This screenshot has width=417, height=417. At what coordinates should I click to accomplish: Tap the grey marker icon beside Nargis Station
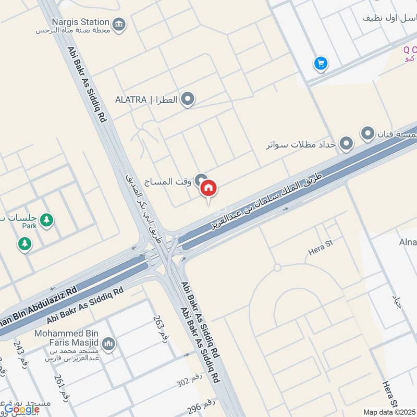pyautogui.click(x=120, y=24)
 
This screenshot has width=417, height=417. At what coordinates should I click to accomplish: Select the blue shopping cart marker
pyautogui.click(x=321, y=64)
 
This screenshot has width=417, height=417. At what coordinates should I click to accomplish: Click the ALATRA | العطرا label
pyautogui.click(x=148, y=99)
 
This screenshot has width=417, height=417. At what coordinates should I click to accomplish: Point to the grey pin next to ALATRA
pyautogui.click(x=188, y=99)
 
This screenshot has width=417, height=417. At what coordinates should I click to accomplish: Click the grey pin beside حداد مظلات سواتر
pyautogui.click(x=346, y=143)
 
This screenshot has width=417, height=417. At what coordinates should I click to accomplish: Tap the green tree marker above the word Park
pyautogui.click(x=47, y=220)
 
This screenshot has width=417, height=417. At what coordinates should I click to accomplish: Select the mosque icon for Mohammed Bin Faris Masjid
pyautogui.click(x=109, y=344)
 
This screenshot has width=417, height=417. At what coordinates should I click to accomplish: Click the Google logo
pyautogui.click(x=22, y=409)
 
